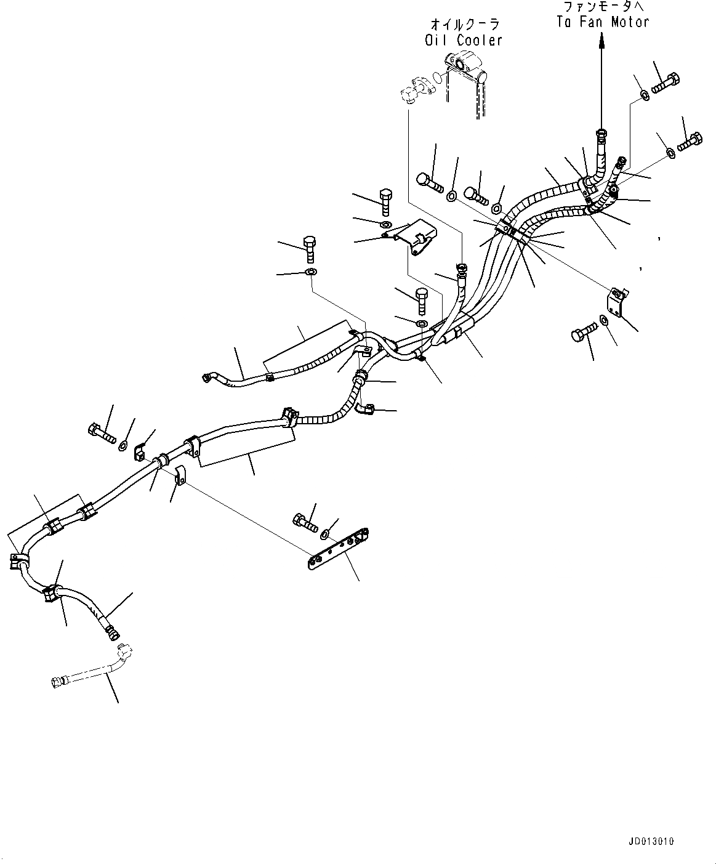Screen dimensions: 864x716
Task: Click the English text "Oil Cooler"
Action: click(x=464, y=40)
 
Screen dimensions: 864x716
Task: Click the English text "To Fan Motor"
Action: click(x=603, y=22)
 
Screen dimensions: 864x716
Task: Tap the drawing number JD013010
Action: click(x=651, y=841)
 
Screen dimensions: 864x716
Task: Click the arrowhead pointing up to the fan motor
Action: click(x=601, y=39)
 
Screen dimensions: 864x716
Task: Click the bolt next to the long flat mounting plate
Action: click(x=305, y=522)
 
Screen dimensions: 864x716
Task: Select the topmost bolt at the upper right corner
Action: click(x=664, y=83)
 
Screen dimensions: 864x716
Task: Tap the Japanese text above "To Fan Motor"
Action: click(x=603, y=7)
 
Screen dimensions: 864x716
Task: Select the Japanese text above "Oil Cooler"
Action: click(x=464, y=25)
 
